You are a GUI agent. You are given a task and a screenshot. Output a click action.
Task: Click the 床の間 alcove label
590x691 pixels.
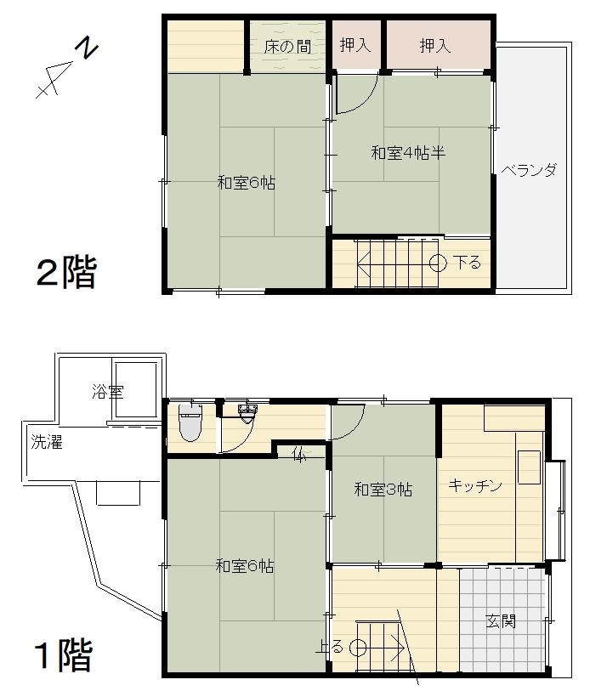(x=287, y=46)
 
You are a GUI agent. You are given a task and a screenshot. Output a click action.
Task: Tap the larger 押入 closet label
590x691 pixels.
(x=434, y=45)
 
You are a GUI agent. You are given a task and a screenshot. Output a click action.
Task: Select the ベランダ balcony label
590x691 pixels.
(x=530, y=170)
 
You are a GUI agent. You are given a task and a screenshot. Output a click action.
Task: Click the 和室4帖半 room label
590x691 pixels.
(x=408, y=153)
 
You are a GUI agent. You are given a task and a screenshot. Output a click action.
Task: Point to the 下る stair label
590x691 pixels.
(x=468, y=263)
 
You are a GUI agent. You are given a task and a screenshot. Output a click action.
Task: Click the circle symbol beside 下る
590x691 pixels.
(x=439, y=263)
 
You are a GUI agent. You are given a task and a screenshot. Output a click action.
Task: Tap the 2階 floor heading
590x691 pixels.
(x=66, y=272)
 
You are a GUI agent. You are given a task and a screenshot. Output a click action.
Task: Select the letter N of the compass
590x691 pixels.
(x=87, y=48)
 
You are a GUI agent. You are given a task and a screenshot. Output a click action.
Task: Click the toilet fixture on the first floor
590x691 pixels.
(x=190, y=422)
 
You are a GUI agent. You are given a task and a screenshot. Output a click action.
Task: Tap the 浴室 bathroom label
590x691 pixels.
(x=108, y=391)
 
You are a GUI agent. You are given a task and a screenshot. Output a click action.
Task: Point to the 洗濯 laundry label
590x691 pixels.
(x=47, y=442)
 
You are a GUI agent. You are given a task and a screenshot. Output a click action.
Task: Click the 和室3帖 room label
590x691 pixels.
(x=383, y=490)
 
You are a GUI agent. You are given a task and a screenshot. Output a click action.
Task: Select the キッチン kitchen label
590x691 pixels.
(x=475, y=485)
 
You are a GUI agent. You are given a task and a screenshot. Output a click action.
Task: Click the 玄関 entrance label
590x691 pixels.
(x=501, y=621)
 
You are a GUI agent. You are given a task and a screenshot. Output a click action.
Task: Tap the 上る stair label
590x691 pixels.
(x=330, y=647)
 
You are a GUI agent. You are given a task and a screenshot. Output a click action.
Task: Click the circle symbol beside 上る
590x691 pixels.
(x=358, y=648)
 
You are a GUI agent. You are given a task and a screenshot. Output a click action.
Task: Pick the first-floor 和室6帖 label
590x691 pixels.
(x=245, y=566)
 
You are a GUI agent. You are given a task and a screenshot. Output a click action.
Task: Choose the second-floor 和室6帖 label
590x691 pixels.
(x=247, y=183)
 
